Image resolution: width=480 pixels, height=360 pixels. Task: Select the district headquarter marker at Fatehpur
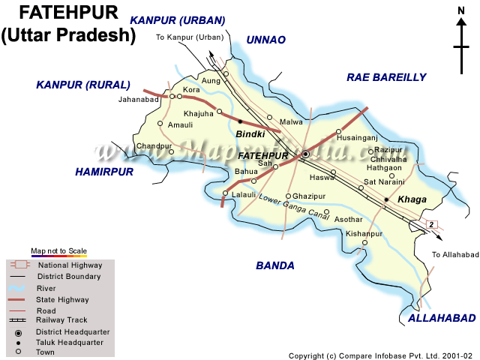(305, 154)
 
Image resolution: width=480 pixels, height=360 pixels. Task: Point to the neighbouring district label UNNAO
(266, 40)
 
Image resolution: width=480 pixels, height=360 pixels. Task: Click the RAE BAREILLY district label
(386, 77)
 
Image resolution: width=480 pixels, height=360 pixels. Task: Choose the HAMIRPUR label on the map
(103, 172)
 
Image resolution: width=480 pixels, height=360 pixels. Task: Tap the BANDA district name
(275, 265)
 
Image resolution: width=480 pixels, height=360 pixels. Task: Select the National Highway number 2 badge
(431, 224)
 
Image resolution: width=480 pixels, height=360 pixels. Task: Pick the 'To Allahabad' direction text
(454, 255)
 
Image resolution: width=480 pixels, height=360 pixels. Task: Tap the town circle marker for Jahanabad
(172, 96)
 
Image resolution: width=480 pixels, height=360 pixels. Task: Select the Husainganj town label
(357, 139)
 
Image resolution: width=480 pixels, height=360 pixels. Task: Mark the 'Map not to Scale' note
(58, 250)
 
